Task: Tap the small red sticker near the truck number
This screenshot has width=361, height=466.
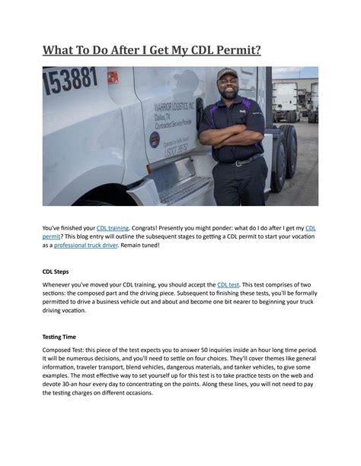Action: (113, 78)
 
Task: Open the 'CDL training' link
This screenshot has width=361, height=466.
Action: (112, 227)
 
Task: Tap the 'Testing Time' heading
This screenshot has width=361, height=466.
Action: (64, 336)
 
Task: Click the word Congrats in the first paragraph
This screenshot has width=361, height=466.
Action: (148, 227)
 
